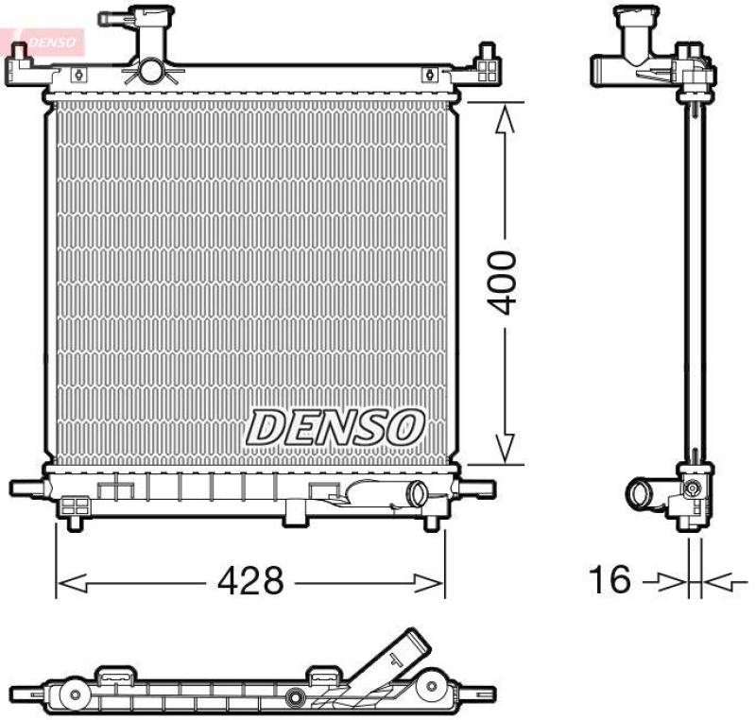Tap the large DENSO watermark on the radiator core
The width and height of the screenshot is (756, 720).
[x=335, y=427]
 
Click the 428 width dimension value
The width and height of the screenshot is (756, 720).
[x=249, y=581]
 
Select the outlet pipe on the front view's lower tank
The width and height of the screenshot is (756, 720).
[x=413, y=494]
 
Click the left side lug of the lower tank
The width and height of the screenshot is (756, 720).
[x=28, y=488]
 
